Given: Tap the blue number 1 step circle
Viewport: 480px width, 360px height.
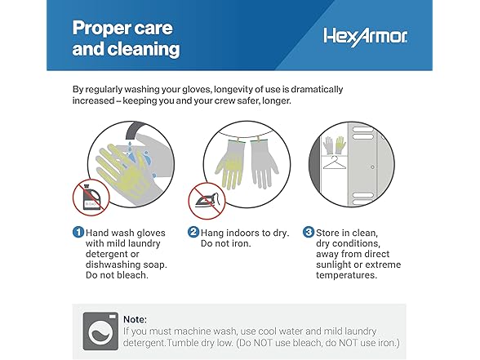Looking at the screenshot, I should click(x=78, y=232).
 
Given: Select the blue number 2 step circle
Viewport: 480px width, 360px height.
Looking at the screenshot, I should click(x=194, y=232).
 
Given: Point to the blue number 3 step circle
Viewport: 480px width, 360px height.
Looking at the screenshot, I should click(x=309, y=232).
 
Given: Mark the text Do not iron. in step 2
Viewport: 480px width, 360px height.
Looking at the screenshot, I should click(x=227, y=242).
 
